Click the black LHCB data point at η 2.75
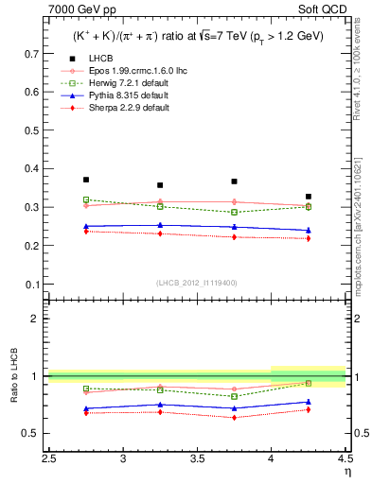(x=86, y=180)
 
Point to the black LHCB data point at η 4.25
(x=308, y=197)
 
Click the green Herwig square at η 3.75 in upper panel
(x=234, y=212)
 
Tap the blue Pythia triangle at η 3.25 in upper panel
(x=160, y=225)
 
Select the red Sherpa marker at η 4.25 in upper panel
(x=308, y=238)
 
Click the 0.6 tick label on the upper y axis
(x=34, y=93)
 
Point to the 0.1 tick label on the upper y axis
(x=34, y=284)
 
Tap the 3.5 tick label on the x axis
(x=198, y=459)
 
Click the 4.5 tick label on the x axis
(x=345, y=459)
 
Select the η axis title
(x=347, y=472)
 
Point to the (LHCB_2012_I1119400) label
(x=197, y=283)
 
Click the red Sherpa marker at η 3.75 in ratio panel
(x=234, y=417)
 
